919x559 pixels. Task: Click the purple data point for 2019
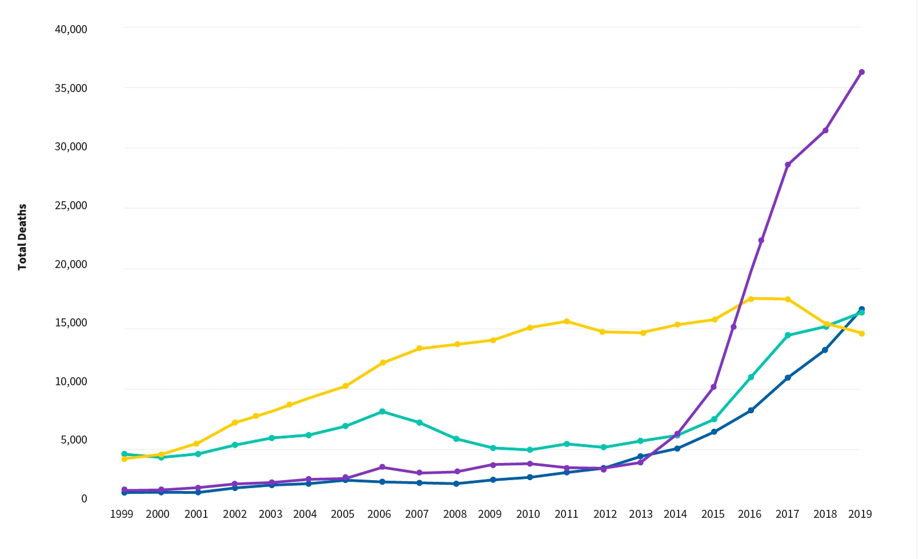tap(861, 72)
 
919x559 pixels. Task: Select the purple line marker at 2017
tap(788, 165)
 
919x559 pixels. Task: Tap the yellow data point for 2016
tap(751, 298)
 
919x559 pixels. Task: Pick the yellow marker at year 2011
tap(567, 321)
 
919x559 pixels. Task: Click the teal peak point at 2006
tap(382, 412)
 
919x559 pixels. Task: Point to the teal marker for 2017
tap(788, 336)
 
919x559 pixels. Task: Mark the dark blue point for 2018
tap(825, 350)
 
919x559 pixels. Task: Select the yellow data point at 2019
tap(861, 333)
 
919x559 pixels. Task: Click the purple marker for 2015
tap(714, 387)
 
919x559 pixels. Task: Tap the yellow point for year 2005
tap(346, 386)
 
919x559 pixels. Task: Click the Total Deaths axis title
tap(22, 237)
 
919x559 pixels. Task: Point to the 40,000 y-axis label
tap(71, 29)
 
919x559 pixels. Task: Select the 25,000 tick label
tap(71, 206)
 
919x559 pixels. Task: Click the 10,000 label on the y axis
tap(71, 382)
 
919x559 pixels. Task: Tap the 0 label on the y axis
tap(84, 499)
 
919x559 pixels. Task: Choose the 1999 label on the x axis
tap(121, 514)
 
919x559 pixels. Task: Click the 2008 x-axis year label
tap(455, 514)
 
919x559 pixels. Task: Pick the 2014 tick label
tap(675, 514)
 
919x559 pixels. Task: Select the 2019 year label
tap(860, 514)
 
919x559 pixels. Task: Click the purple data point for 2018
tap(825, 130)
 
